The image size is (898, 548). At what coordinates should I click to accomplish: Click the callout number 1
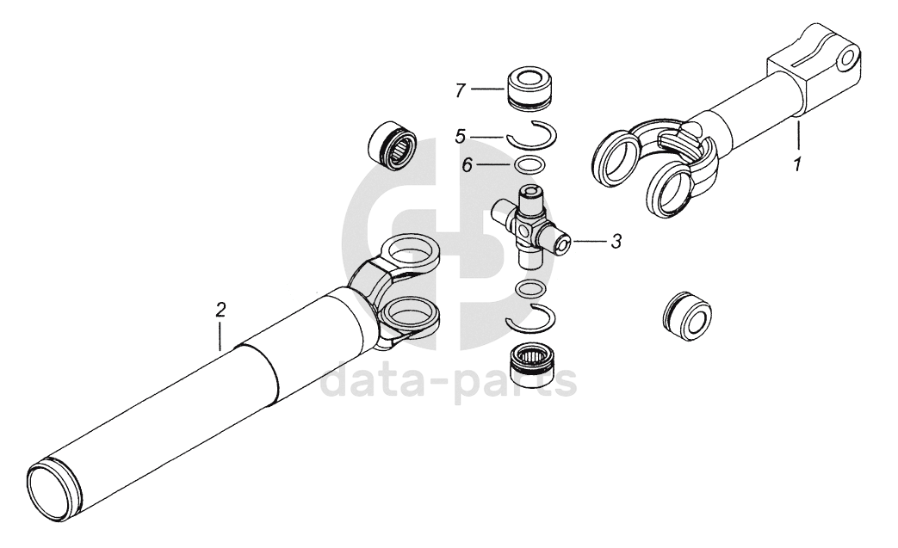pos(797,164)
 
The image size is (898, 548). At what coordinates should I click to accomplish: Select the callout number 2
pos(220,310)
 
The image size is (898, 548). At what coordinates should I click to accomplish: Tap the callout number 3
pos(616,242)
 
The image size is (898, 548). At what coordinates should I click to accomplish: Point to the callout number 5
pos(461,136)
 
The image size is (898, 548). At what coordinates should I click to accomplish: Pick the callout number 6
pos(468,165)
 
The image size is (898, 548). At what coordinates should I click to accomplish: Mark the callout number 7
pos(461,90)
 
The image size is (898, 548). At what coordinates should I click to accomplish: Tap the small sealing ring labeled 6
pos(530,164)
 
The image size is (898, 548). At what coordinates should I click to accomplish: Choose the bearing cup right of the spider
pos(687,317)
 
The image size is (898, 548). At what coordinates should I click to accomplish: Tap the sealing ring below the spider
pos(530,289)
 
